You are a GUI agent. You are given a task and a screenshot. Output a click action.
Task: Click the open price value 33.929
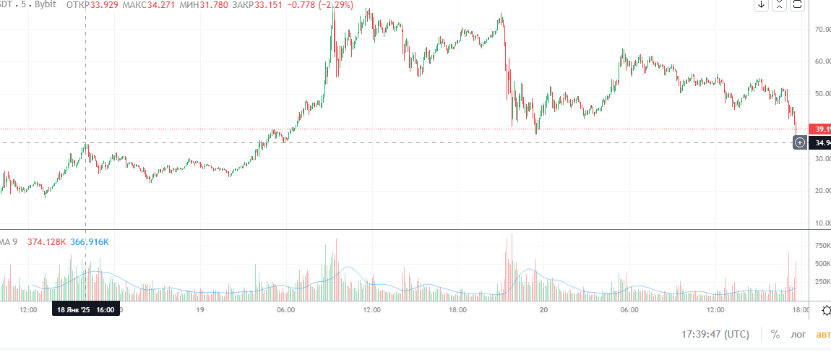coord(105,5)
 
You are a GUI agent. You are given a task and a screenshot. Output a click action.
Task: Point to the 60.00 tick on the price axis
coord(822,61)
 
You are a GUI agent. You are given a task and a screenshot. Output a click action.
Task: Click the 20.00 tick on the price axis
coord(822,191)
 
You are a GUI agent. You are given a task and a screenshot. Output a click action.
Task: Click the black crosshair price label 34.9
coord(822,142)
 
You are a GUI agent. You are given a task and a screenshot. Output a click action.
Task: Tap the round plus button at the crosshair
coord(800,142)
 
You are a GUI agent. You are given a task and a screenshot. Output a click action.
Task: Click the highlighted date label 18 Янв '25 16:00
coord(85,310)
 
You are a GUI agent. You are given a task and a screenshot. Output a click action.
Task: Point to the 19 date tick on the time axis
coord(201,310)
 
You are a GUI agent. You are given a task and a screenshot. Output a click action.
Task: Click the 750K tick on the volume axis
coord(822,246)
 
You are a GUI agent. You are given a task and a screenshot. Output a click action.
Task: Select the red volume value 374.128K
coord(47,241)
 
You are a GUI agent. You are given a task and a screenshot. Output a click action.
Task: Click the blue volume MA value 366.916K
coord(90,241)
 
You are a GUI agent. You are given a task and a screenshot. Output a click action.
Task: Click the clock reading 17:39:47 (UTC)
coord(715,335)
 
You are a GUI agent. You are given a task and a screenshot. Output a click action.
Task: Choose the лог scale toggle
coord(798,335)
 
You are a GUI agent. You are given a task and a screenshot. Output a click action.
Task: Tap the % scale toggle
coord(775,335)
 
